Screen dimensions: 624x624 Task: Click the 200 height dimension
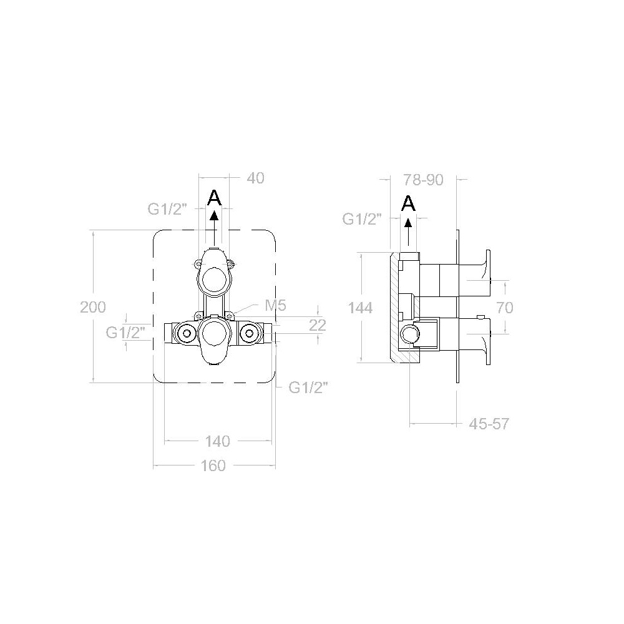pyautogui.click(x=93, y=307)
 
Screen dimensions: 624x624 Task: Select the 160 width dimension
pyautogui.click(x=213, y=466)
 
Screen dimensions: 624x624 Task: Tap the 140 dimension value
pyautogui.click(x=218, y=441)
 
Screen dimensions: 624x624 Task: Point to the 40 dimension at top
pyautogui.click(x=255, y=178)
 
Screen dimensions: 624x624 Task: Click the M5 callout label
pyautogui.click(x=275, y=306)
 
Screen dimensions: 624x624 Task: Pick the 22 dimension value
pyautogui.click(x=318, y=325)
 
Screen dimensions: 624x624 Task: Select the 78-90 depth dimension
pyautogui.click(x=424, y=180)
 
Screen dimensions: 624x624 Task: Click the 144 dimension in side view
pyautogui.click(x=360, y=308)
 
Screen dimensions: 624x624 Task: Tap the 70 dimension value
pyautogui.click(x=505, y=308)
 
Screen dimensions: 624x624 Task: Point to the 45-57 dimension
pyautogui.click(x=489, y=424)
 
